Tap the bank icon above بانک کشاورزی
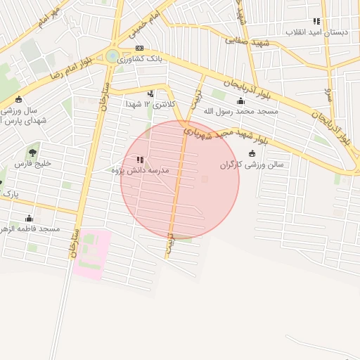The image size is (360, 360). (x=139, y=48)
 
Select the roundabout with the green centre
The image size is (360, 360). (x=112, y=56)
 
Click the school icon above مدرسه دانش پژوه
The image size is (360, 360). (x=140, y=160)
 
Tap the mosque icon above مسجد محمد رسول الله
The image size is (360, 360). (x=241, y=100)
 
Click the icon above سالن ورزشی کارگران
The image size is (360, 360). (x=252, y=154)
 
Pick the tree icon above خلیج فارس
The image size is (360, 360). (x=32, y=152)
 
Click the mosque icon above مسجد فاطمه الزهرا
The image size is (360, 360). (x=29, y=218)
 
